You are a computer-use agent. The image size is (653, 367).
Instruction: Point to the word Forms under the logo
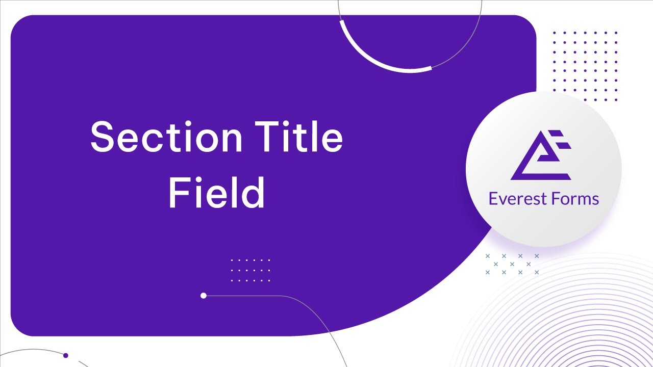coord(574,198)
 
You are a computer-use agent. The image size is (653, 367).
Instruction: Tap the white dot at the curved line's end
coord(204,296)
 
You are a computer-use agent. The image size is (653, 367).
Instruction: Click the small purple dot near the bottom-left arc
coord(66,355)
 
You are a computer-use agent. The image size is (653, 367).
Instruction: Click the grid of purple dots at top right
coord(585,66)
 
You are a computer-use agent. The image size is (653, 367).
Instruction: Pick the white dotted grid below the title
coord(250,270)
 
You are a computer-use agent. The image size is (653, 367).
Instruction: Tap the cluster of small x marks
coord(512,264)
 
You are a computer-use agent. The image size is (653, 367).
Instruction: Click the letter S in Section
coord(103,137)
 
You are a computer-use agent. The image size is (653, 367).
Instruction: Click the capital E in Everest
coord(493,198)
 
